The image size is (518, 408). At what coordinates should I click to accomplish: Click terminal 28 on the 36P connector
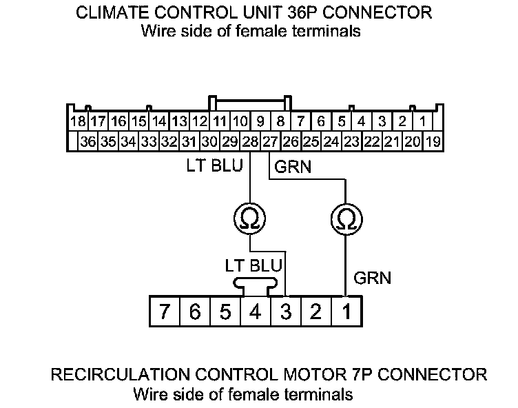click(250, 142)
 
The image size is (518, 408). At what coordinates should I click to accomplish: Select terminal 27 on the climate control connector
click(271, 142)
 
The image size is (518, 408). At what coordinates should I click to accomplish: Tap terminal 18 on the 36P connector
click(78, 122)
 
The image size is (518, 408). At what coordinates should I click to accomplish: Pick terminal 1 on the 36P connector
click(422, 122)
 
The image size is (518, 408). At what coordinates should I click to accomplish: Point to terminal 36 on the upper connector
click(87, 142)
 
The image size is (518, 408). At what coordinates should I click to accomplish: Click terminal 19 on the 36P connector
click(433, 142)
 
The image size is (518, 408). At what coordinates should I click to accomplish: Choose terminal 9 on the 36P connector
click(260, 122)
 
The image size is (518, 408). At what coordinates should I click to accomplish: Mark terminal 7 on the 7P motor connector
click(164, 312)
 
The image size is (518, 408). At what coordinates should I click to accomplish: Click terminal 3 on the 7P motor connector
click(285, 312)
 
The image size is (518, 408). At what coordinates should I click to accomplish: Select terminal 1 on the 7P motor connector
click(346, 312)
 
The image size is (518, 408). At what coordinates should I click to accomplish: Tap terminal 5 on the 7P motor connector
click(225, 312)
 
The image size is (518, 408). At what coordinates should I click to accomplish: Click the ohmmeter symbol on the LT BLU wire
click(250, 219)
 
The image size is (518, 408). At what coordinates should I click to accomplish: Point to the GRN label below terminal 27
click(292, 167)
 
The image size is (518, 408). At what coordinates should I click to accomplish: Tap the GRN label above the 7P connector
click(372, 278)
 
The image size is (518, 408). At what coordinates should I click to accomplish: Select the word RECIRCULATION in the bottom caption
click(117, 374)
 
